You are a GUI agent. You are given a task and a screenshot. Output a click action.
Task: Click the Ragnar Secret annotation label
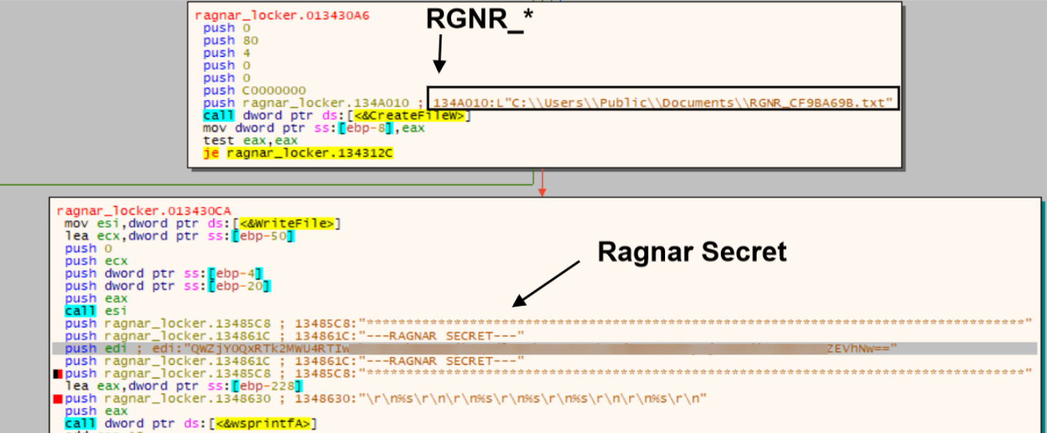(x=692, y=251)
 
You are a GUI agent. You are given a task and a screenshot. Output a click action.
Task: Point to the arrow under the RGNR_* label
(x=439, y=55)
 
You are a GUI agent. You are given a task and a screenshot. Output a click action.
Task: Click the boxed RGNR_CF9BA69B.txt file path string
(x=662, y=103)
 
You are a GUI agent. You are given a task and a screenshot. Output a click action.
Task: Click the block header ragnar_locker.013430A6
(x=282, y=16)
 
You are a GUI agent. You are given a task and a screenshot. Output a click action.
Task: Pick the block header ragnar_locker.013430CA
(x=144, y=210)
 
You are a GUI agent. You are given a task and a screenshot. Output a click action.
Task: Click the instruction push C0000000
(x=254, y=90)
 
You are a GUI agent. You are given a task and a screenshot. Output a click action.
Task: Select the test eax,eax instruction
(x=250, y=141)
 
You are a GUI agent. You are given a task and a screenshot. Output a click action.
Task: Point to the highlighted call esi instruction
(x=96, y=311)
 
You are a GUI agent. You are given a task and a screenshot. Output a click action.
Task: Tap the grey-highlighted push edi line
(x=474, y=348)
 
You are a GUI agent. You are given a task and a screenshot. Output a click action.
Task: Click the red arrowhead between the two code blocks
(x=542, y=191)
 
